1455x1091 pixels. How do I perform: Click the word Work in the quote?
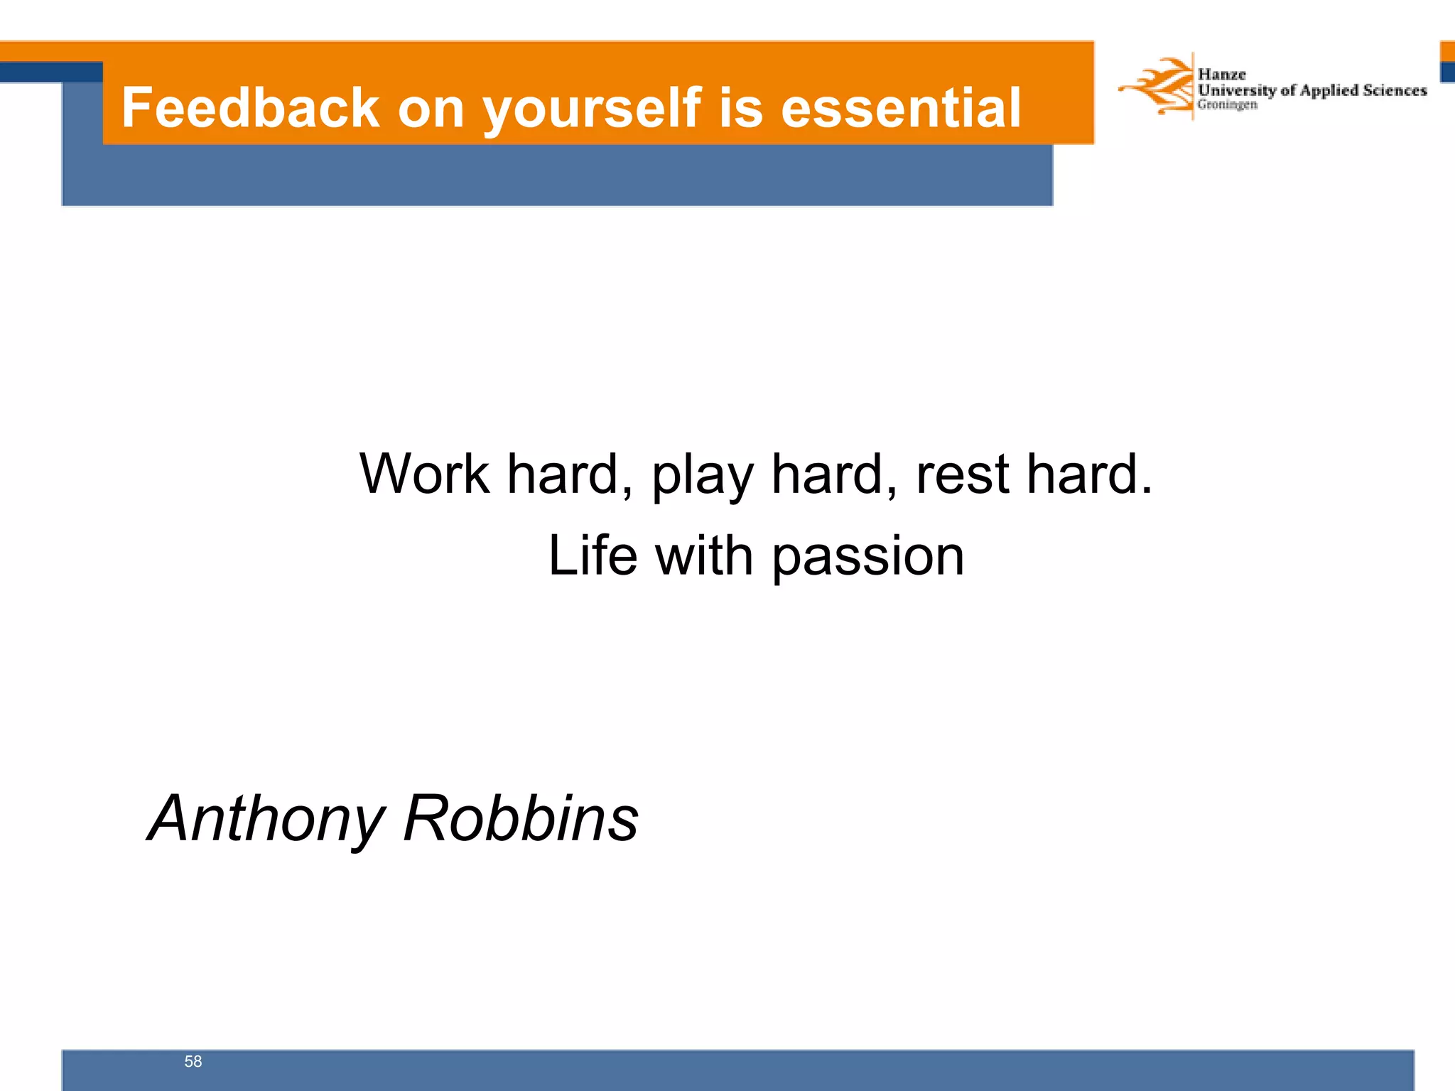point(424,474)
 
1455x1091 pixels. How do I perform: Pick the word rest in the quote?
point(962,474)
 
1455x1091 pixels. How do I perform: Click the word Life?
point(593,555)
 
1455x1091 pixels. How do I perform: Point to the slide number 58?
point(193,1061)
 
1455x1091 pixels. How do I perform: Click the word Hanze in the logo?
point(1221,75)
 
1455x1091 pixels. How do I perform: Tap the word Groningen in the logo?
point(1227,104)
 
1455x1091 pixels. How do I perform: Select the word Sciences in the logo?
point(1395,90)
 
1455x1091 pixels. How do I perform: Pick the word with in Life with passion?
point(704,555)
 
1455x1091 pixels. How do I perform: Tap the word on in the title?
point(431,109)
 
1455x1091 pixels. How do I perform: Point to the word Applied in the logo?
point(1329,90)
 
